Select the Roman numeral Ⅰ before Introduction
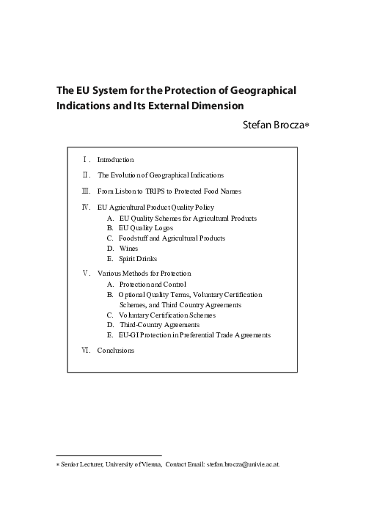point(87,159)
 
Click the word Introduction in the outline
point(115,159)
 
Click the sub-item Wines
point(128,249)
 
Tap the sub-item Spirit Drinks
point(138,259)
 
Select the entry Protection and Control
point(153,284)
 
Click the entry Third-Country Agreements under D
point(161,324)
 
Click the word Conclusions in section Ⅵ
point(116,351)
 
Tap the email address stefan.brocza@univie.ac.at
point(243,464)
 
